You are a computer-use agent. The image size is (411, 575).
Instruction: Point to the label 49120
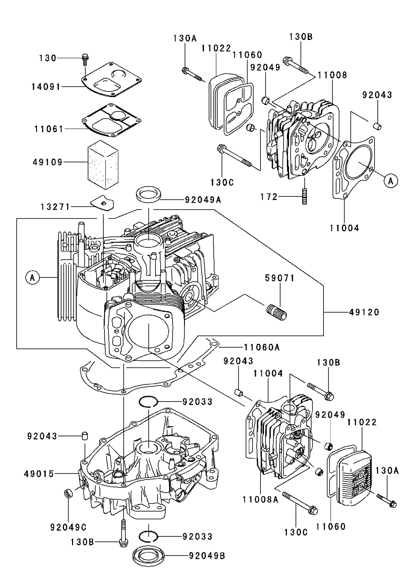[x=364, y=312]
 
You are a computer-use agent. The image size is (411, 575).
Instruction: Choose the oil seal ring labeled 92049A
[x=149, y=193]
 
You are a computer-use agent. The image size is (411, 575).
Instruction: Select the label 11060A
[x=262, y=347]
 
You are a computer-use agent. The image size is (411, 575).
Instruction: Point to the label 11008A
[x=260, y=500]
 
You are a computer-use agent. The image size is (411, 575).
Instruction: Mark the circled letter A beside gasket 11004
[x=391, y=181]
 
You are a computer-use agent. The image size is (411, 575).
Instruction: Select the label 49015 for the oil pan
[x=39, y=473]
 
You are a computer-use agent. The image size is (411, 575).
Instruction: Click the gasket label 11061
[x=49, y=128]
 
